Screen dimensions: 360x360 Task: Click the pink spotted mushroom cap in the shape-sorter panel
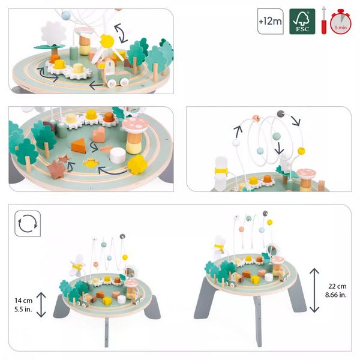(x=136, y=125)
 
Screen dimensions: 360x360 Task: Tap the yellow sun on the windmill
(x=108, y=41)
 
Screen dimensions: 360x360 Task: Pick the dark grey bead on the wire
(x=280, y=112)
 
